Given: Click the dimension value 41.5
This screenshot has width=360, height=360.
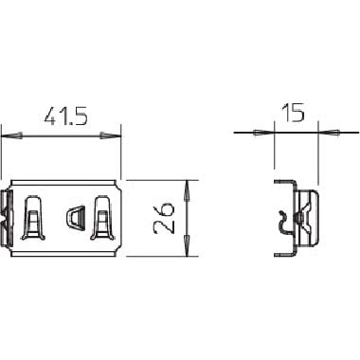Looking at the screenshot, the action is [65, 116].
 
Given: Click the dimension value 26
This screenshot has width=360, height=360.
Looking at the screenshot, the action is [164, 218].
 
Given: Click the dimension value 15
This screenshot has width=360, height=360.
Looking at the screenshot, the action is [293, 113].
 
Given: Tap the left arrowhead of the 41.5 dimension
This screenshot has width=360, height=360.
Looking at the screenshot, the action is [12, 136].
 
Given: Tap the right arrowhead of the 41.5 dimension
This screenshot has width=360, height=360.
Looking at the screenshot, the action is [111, 136].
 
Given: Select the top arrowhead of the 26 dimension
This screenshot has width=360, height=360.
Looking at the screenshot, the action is [187, 190].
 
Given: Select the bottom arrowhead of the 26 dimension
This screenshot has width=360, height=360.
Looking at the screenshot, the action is [187, 245].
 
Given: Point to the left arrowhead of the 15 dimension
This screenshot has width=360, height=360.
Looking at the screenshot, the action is [263, 133].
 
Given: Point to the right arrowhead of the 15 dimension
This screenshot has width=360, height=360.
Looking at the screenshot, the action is [329, 133].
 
